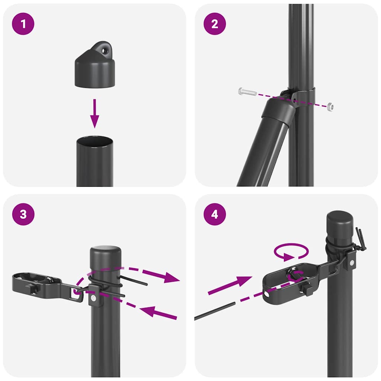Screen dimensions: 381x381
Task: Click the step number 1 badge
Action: tap(24, 24)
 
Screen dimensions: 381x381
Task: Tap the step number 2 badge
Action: tap(215, 24)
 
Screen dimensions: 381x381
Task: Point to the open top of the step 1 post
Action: tap(95, 141)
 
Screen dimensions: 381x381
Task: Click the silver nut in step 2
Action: tap(330, 106)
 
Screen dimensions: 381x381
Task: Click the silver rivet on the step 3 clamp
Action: tap(96, 298)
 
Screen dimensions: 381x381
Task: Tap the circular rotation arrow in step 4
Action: tap(291, 252)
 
